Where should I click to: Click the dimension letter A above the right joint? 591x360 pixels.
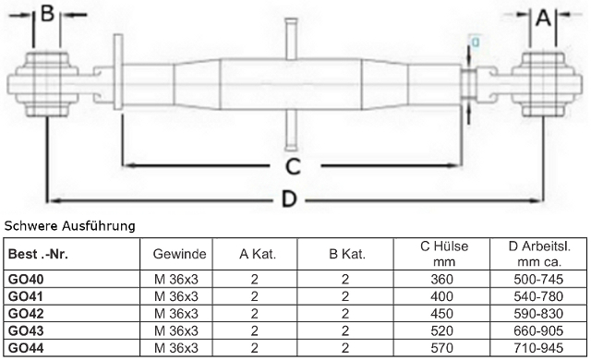tap(543, 17)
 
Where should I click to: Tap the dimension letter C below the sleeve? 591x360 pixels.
tap(293, 166)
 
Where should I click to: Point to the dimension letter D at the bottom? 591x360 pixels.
tap(289, 198)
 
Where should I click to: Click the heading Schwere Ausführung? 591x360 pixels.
tap(70, 226)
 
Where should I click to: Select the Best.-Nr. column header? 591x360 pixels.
tap(38, 254)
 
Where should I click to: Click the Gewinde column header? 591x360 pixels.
tap(179, 254)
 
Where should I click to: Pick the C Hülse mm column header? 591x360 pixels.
tap(444, 254)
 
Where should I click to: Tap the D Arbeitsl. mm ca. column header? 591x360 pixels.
tap(539, 254)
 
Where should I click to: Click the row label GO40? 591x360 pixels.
tap(26, 280)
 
